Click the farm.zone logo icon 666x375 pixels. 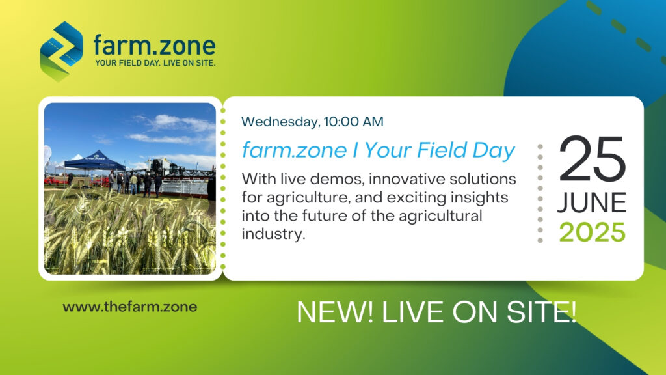tap(62, 51)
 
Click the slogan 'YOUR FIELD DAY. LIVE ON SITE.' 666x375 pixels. tap(155, 63)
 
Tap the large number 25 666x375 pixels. tap(592, 159)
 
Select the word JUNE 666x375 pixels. tap(592, 202)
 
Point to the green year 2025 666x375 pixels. tap(592, 232)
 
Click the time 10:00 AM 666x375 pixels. tap(353, 122)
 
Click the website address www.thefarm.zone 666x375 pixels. tap(130, 307)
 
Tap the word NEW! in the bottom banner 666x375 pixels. tap(335, 312)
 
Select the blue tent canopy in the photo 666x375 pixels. tap(94, 160)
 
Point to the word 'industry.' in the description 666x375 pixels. tap(274, 234)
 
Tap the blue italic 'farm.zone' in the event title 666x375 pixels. tap(294, 150)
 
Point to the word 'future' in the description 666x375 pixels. tap(326, 216)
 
